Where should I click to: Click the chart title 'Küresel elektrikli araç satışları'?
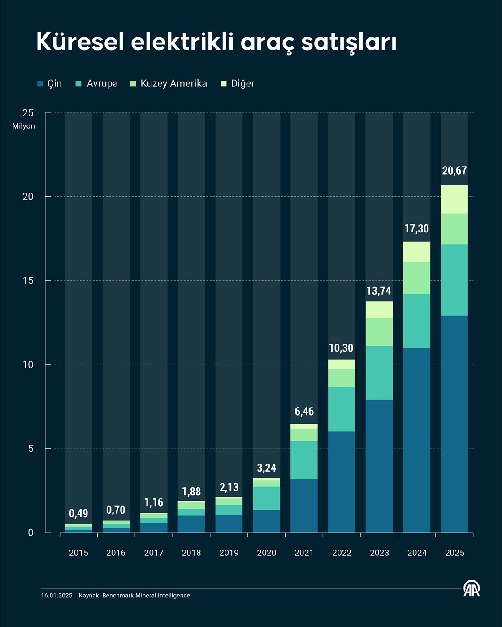click(x=216, y=43)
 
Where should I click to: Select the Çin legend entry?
click(x=50, y=84)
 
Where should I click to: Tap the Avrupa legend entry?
click(x=97, y=84)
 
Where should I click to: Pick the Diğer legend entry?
click(x=238, y=84)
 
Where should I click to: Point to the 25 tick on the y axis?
click(x=28, y=113)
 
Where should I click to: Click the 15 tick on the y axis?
click(x=28, y=281)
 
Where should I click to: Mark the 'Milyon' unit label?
click(x=23, y=126)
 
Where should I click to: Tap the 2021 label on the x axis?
click(x=304, y=553)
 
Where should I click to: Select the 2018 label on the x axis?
click(x=191, y=553)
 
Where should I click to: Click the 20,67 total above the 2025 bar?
click(x=454, y=171)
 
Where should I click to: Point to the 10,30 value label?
click(x=341, y=348)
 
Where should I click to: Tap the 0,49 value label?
click(x=78, y=513)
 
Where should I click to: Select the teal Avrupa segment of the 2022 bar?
click(x=342, y=409)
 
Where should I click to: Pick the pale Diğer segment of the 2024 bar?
click(x=417, y=252)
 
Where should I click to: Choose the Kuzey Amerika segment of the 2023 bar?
click(x=379, y=332)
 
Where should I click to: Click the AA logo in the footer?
click(x=472, y=588)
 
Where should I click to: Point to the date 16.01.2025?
click(x=56, y=596)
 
